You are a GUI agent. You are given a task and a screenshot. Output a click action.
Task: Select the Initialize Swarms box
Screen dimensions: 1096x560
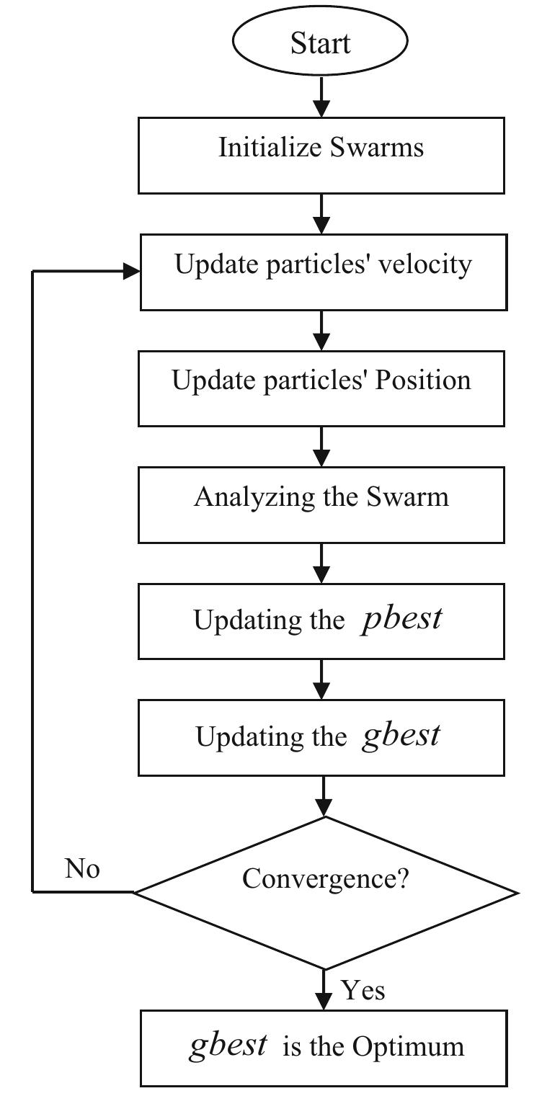pos(321,156)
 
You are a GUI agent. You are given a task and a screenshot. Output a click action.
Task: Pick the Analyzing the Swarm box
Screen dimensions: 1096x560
pos(321,504)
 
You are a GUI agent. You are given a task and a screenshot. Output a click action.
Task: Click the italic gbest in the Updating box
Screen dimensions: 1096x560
pos(401,735)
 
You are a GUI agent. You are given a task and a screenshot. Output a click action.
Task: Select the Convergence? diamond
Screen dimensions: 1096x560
pos(325,892)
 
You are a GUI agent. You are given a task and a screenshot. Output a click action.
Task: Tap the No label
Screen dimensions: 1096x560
pos(82,869)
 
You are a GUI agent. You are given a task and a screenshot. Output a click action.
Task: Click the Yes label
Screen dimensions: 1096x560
pos(363,990)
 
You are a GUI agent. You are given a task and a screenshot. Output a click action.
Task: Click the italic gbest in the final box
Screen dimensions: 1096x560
pos(228,1045)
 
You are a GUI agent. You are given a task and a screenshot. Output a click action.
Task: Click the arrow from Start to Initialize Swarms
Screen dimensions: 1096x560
pos(321,97)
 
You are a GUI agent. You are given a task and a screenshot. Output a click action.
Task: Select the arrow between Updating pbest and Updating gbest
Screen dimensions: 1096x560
pos(322,679)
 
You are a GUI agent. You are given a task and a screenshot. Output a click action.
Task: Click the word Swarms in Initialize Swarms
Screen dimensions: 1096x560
pos(377,147)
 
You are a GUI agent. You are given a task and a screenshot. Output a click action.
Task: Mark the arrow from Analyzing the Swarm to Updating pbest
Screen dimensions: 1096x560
pos(322,563)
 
